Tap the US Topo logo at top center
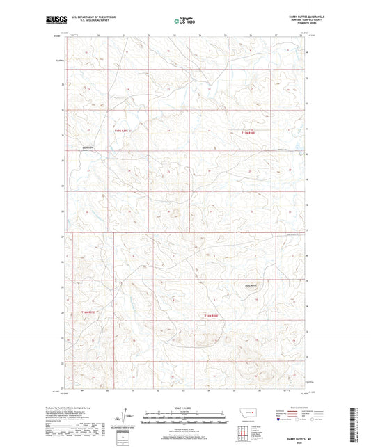(184, 21)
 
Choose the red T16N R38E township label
(212, 317)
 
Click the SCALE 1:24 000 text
(185, 407)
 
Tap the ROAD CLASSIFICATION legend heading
(297, 407)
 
